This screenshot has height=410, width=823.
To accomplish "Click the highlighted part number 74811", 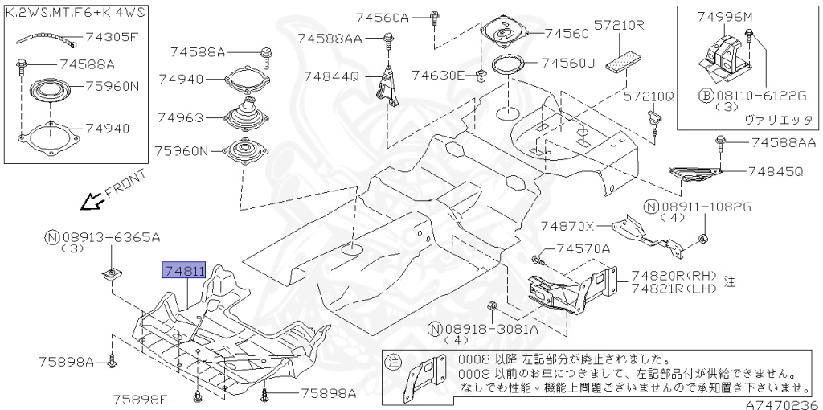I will click(x=185, y=272).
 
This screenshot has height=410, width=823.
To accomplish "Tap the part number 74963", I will click(x=181, y=117).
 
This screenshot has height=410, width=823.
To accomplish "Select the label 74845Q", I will click(x=775, y=171).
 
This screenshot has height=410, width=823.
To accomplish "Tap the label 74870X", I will click(x=567, y=227).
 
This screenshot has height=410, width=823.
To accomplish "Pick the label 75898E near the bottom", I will click(x=140, y=400).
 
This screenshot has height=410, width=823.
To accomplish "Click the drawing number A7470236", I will click(x=785, y=404).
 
